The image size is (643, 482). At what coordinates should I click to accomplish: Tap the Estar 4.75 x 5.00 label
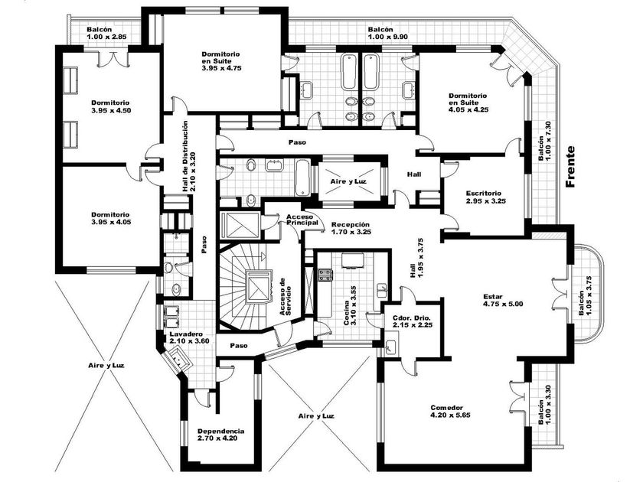(503, 301)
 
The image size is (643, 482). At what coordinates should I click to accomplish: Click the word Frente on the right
(570, 167)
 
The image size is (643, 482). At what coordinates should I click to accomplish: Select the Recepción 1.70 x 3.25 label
(351, 228)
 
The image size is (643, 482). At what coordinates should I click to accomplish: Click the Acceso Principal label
(302, 220)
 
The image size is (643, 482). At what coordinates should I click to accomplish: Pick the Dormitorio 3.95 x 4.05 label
(110, 218)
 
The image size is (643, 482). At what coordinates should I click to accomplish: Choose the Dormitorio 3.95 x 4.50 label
(111, 106)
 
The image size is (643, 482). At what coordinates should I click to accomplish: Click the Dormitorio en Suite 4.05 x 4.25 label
(468, 103)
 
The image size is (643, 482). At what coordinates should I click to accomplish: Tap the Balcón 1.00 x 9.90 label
(388, 33)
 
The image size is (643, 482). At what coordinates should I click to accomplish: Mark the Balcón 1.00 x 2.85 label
(106, 33)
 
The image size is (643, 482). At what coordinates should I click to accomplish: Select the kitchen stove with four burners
(325, 275)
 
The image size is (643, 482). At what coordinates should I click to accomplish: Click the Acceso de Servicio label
(286, 296)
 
